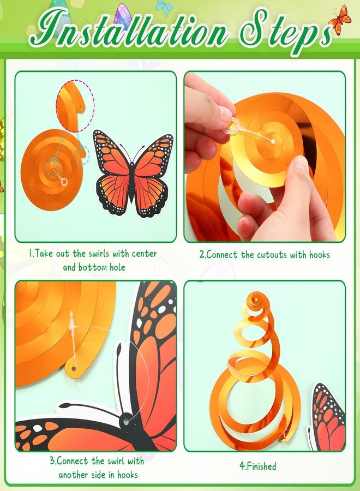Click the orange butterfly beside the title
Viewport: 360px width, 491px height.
coord(340,20)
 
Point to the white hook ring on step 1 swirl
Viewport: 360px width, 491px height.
coord(64,182)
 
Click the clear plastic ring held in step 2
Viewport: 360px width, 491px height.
coord(234,127)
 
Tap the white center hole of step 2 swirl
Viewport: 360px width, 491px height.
coord(273,141)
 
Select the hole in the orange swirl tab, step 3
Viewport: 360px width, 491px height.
coord(74,368)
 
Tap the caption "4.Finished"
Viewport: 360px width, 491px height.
coord(258,466)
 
